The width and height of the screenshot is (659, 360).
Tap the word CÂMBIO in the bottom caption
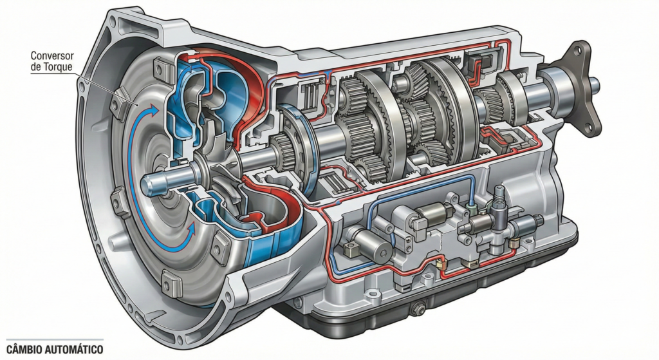coord(25,348)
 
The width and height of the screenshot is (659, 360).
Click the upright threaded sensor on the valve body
coord(497,196)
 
